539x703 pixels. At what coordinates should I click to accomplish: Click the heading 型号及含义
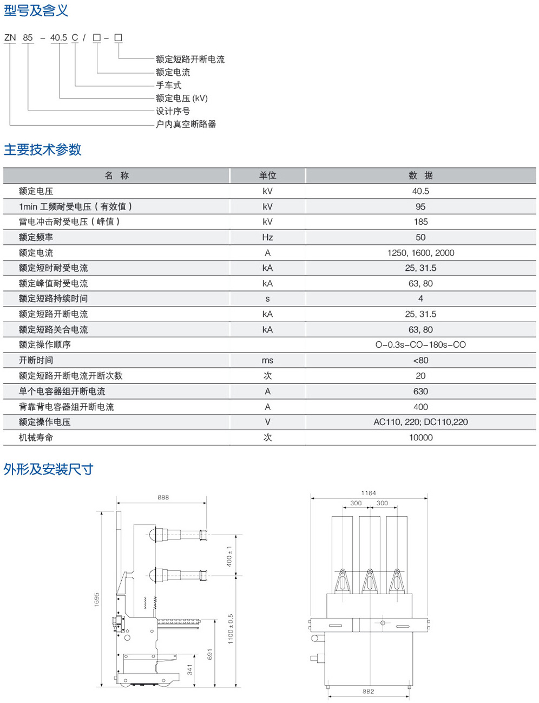36,10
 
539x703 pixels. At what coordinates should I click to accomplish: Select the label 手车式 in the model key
168,85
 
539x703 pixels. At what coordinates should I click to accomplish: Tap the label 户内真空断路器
186,124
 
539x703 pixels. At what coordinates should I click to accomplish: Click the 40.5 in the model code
58,37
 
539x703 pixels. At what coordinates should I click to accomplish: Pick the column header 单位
267,175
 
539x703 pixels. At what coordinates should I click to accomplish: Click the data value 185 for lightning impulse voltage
420,222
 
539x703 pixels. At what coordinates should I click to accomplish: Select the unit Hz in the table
267,237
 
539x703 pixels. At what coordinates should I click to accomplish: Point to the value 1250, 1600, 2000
420,252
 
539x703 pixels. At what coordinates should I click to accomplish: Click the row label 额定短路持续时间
53,298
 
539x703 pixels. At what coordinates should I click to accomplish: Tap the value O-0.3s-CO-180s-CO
420,344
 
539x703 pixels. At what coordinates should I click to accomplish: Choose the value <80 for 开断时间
420,360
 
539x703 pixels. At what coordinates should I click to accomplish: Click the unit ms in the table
267,360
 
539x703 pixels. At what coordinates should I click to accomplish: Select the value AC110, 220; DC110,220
420,422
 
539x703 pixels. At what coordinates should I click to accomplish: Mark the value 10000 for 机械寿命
420,438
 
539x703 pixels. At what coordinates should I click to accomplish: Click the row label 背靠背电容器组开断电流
66,407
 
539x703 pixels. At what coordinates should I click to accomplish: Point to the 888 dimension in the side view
163,497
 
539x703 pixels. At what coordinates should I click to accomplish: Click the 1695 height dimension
97,599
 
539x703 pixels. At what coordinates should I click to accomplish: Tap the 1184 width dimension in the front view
369,493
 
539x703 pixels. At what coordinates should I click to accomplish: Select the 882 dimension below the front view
368,692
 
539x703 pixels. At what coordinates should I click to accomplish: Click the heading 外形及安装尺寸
49,469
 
